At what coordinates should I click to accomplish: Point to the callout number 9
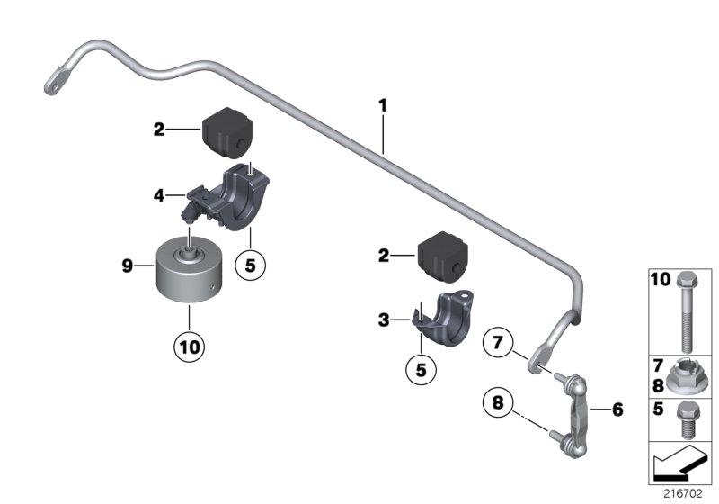pos(128,265)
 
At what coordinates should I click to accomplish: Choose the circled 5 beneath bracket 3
pos(422,368)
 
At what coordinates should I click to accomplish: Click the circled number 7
pos(499,344)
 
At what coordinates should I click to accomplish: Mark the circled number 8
pos(498,402)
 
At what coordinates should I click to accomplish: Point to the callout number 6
pos(617,409)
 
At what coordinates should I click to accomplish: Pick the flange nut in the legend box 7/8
pos(687,375)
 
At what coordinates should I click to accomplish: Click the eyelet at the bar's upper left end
pos(51,82)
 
